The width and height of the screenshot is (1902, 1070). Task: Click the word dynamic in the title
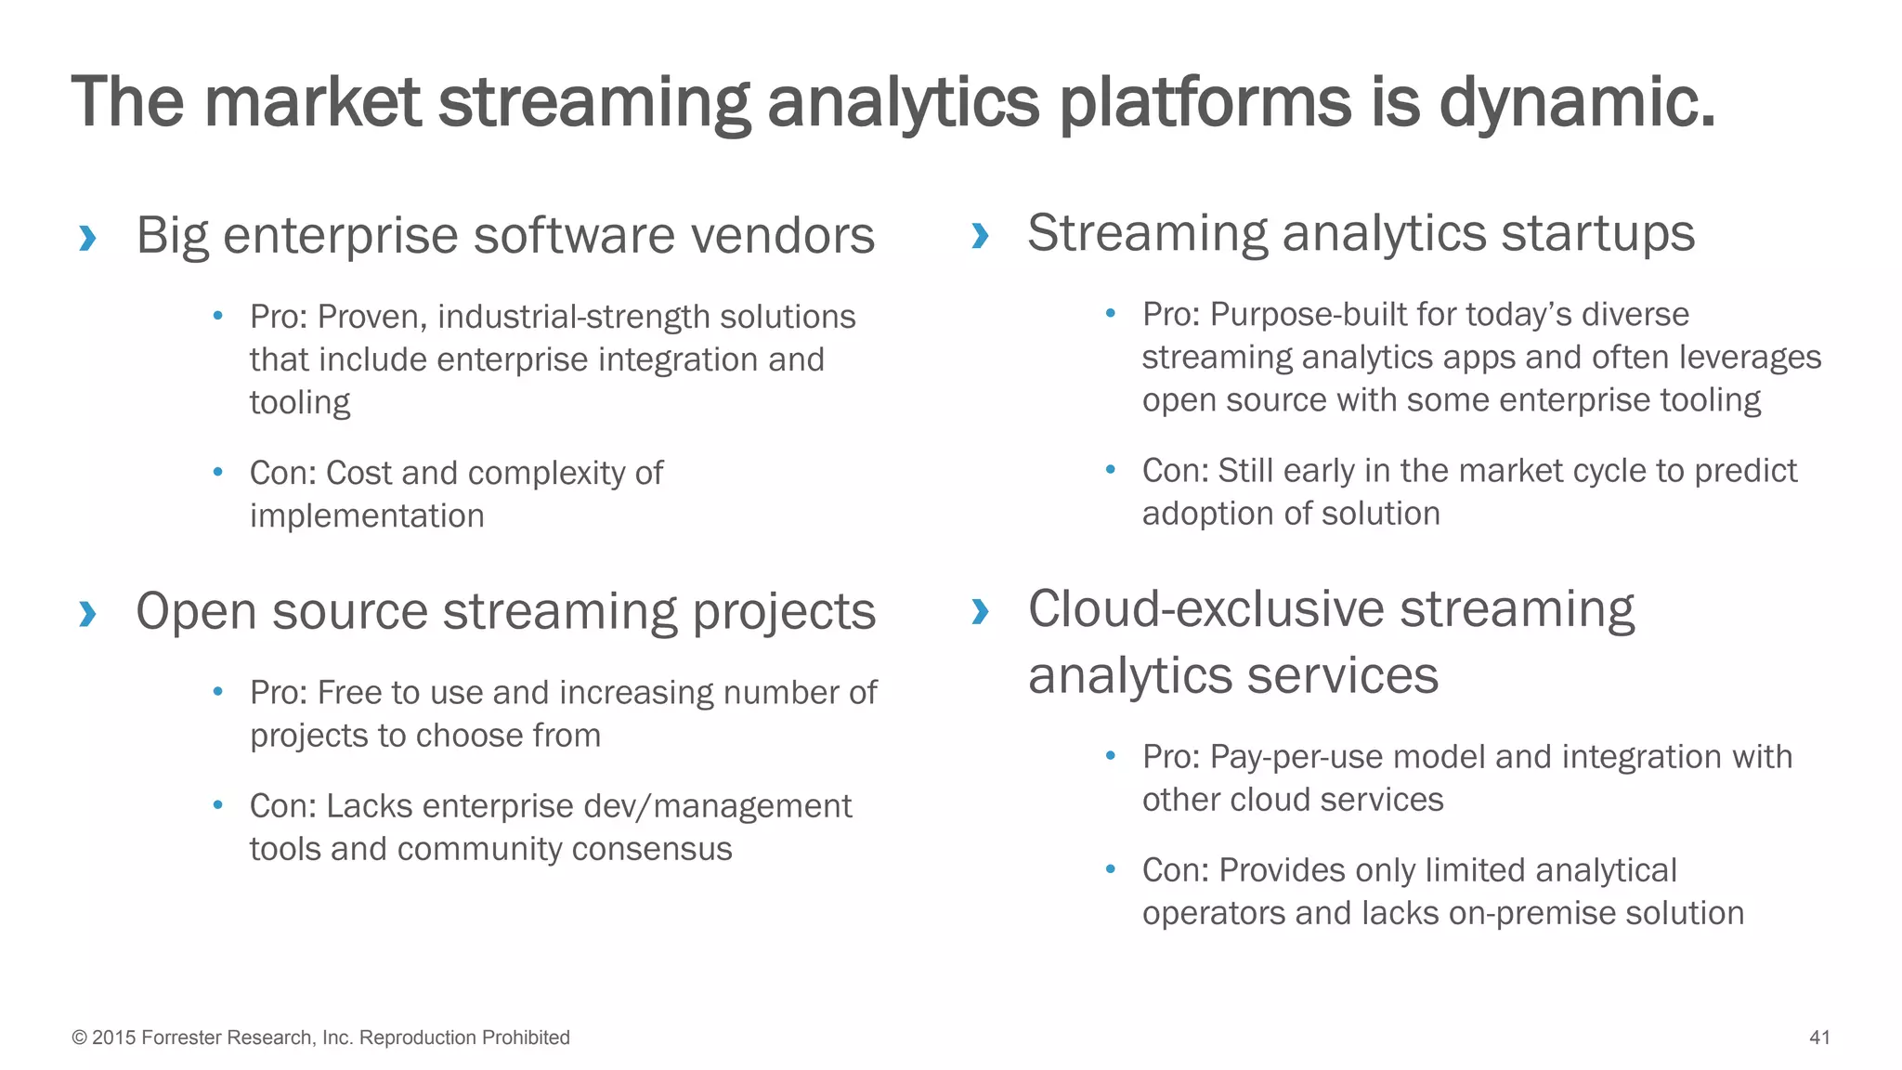tap(1575, 102)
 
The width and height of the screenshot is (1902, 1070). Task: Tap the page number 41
tap(1819, 1037)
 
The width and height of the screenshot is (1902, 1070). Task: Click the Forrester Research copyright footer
tap(320, 1037)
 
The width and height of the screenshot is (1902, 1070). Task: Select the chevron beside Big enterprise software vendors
tap(87, 238)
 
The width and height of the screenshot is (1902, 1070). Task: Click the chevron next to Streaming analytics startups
tap(979, 235)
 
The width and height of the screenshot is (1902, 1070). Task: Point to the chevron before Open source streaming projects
tap(87, 614)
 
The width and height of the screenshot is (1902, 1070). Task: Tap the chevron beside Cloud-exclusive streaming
tap(979, 611)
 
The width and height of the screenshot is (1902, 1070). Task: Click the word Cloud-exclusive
tap(1205, 610)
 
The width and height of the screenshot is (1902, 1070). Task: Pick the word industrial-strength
tap(573, 318)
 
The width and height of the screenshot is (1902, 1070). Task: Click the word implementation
tap(367, 516)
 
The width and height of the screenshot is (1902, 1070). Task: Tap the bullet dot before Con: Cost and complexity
tap(218, 472)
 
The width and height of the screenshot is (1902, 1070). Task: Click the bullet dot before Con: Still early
tap(1110, 469)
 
